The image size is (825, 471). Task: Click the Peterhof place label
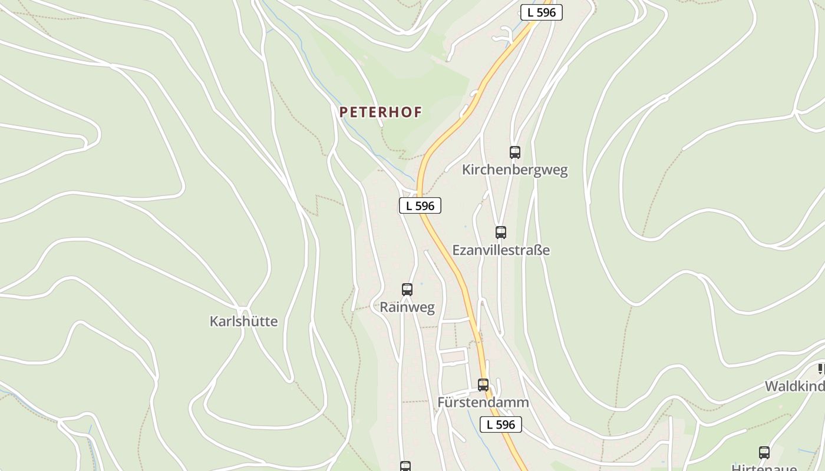click(381, 112)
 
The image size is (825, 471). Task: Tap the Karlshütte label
click(243, 321)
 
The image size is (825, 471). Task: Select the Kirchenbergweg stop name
click(514, 170)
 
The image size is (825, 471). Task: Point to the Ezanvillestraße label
click(501, 250)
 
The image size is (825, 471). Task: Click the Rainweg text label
click(407, 307)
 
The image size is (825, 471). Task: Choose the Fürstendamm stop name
click(483, 403)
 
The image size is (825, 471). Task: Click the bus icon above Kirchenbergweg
click(515, 152)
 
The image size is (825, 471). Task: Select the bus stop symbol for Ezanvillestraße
click(501, 233)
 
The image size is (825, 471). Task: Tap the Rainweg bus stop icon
click(407, 290)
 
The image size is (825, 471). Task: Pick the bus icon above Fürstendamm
click(483, 385)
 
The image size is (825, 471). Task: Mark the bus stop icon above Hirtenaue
click(764, 453)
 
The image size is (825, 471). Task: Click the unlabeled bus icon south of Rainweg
click(405, 466)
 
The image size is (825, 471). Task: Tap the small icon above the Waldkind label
click(821, 369)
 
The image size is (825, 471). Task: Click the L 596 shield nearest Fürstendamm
click(501, 424)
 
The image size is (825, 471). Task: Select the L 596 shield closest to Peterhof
click(420, 205)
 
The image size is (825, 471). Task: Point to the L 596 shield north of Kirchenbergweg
click(541, 12)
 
